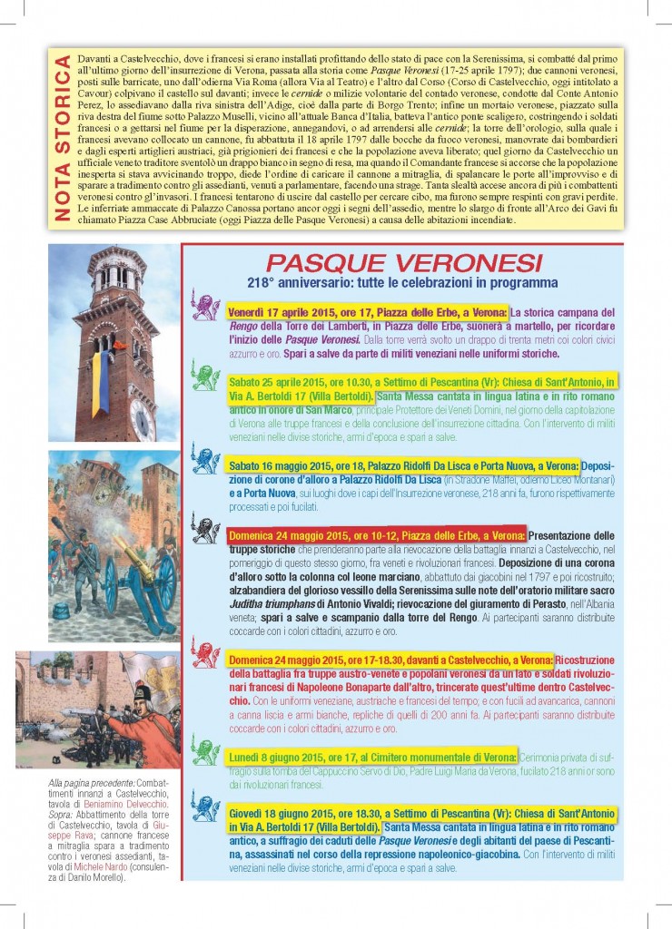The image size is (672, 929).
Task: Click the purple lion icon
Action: click(206, 308)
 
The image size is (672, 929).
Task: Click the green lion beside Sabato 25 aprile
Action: click(206, 375)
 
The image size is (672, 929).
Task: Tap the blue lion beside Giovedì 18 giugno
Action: click(206, 807)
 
